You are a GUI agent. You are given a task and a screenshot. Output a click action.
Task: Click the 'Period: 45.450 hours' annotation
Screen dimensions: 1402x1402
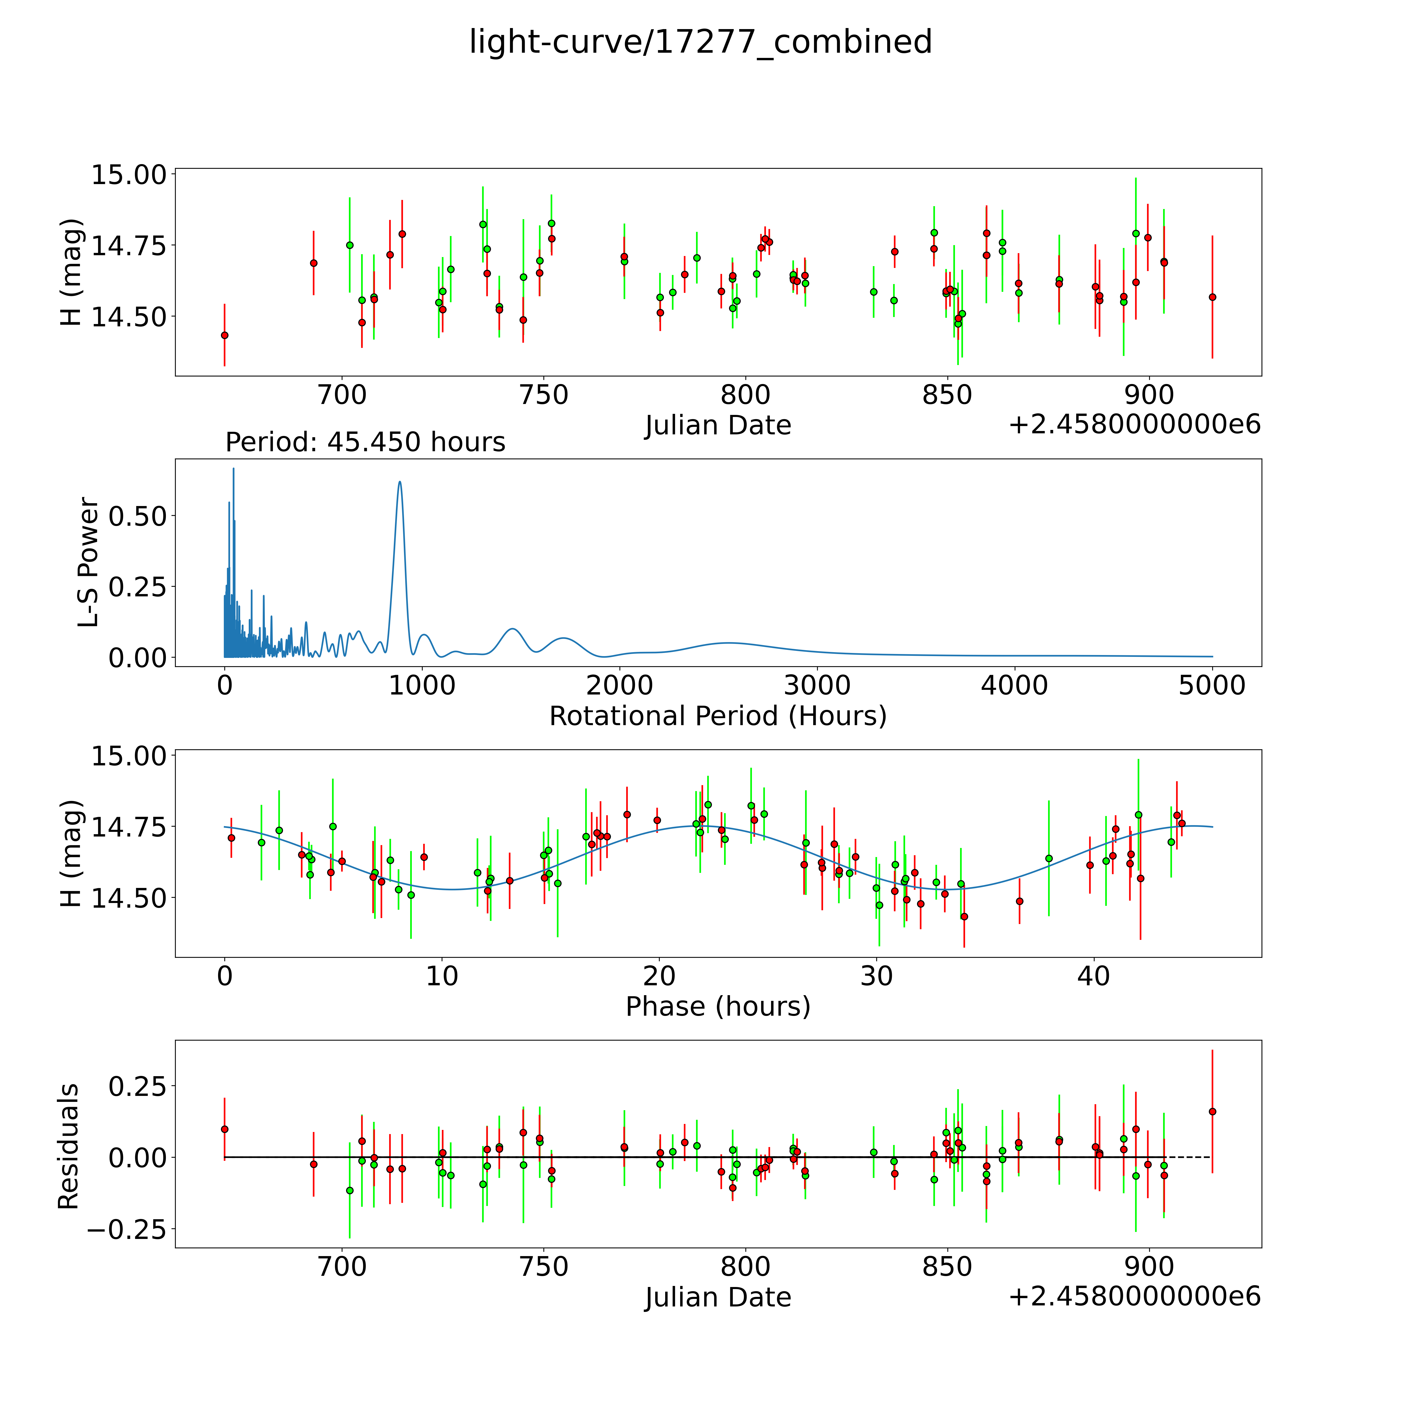365,442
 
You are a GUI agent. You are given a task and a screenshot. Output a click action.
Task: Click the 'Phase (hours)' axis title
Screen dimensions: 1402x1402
718,1007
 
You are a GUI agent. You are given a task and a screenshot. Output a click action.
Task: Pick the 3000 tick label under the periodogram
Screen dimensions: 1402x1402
817,685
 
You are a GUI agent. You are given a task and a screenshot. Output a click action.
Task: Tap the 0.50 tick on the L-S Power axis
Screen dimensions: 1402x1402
138,516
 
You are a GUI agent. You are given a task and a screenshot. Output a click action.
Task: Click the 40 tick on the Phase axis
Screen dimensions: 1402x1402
1094,976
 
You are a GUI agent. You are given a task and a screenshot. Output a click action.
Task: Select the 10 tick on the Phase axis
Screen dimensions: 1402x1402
442,976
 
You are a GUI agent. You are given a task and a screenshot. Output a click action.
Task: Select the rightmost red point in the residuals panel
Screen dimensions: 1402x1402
1212,1111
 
